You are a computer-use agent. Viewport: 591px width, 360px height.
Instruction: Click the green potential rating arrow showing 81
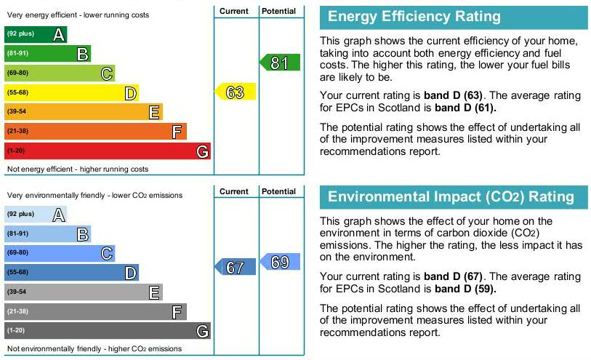281,63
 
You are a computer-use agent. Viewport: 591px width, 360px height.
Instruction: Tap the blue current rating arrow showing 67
236,268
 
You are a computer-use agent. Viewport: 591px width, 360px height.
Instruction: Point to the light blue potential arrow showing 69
281,263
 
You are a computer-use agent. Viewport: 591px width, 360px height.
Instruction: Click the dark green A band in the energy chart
36,34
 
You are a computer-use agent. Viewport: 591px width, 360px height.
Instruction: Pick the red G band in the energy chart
108,151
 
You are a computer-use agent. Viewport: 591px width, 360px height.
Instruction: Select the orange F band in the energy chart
95,131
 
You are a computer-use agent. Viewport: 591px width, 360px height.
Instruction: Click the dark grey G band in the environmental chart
108,331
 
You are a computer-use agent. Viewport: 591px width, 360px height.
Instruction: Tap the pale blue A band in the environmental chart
36,214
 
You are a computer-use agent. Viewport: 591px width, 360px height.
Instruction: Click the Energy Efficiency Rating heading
414,17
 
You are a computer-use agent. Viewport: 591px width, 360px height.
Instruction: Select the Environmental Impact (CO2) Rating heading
451,197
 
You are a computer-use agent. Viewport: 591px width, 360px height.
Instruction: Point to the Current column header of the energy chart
234,11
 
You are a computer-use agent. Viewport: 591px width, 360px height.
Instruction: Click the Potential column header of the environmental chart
279,191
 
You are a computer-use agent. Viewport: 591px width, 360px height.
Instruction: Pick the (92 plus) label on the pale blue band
20,214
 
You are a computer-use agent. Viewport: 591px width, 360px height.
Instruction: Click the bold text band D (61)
465,108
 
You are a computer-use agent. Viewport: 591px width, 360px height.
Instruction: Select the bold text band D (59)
465,289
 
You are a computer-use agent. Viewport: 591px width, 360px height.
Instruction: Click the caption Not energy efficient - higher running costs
78,169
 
